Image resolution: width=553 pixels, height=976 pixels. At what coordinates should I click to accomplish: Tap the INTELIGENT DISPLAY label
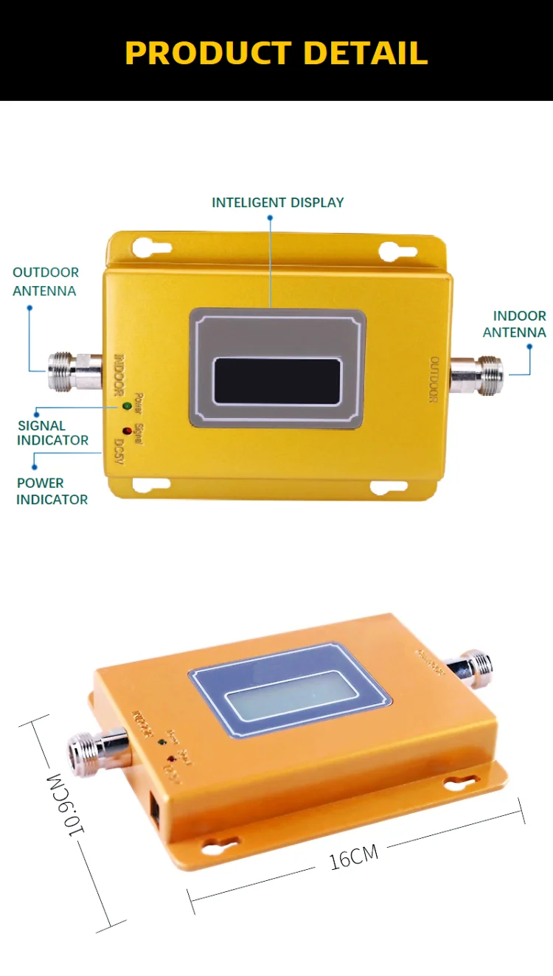(x=278, y=203)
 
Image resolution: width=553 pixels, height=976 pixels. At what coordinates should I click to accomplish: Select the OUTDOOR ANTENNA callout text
(x=45, y=282)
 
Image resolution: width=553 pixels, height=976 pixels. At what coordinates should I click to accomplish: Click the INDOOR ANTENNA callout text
(x=515, y=324)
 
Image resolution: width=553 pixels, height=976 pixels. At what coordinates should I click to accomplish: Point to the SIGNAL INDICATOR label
(x=52, y=433)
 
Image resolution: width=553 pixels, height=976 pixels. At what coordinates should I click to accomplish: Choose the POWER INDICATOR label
(x=52, y=491)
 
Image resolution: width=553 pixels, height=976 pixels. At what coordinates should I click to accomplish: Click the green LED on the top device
(x=126, y=406)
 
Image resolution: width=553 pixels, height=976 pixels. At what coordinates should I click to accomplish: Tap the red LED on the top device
(x=126, y=430)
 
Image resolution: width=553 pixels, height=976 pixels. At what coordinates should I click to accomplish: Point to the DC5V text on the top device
(x=118, y=450)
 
